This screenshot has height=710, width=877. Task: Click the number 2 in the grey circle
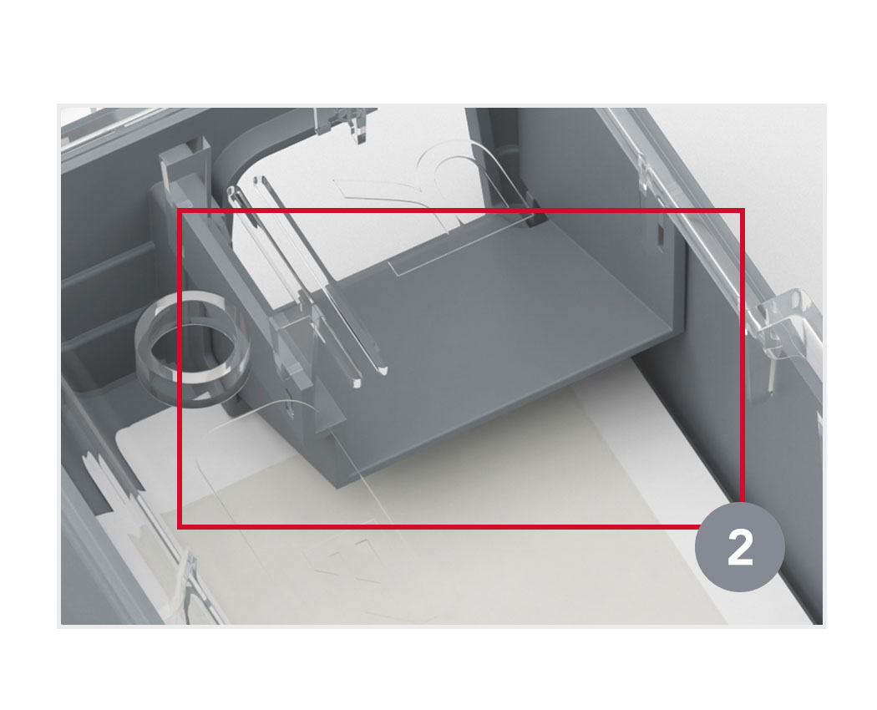pyautogui.click(x=740, y=548)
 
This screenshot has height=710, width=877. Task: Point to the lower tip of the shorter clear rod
pyautogui.click(x=357, y=383)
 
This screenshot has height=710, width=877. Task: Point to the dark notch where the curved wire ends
pyautogui.click(x=537, y=217)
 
